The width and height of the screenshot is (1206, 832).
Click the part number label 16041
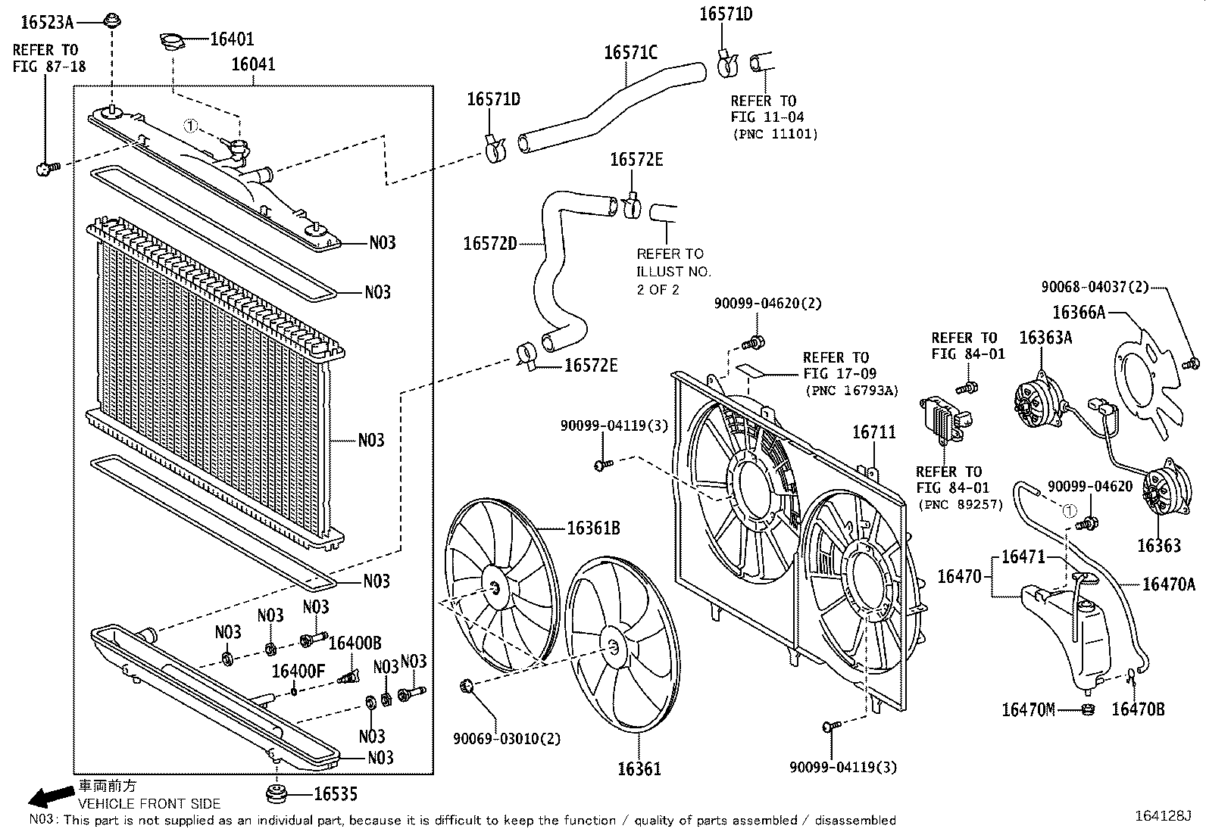coord(253,64)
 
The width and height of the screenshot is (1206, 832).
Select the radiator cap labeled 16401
coord(173,42)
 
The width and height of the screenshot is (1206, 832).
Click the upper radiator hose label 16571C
coord(630,52)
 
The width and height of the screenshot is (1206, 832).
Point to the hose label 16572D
coord(489,244)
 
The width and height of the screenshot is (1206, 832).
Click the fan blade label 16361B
coord(593,528)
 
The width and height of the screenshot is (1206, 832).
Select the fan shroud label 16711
coord(873,432)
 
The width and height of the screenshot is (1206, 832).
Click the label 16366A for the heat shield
coord(1079,312)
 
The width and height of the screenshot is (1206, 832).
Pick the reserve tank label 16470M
coord(1028,709)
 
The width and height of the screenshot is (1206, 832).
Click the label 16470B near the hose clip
coord(1138,709)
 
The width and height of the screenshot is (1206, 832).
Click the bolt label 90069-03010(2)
coord(507,738)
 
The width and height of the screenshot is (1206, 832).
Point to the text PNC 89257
coord(960,504)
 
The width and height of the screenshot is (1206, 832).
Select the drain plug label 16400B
coord(355,643)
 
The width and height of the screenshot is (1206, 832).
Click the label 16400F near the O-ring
coord(298,671)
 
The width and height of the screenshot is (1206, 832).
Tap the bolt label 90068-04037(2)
coord(1095,287)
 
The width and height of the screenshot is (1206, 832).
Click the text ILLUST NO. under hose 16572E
coord(673,271)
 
